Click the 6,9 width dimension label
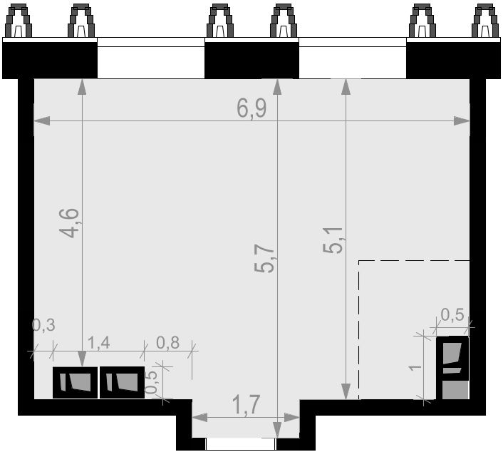251,108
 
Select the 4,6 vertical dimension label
69,223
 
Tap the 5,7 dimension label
264,258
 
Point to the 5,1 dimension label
333,240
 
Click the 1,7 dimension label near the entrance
246,405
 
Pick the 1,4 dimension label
98,342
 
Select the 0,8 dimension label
167,342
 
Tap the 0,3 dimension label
44,325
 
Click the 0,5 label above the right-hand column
452,314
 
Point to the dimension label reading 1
416,367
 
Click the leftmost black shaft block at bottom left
75,382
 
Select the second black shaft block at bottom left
123,382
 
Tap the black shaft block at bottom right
452,368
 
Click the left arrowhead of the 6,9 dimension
42,121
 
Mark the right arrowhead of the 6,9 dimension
462,121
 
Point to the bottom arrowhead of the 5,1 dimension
346,391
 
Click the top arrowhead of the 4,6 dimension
82,87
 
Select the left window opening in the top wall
151,58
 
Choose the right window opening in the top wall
353,58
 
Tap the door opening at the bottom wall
241,444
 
